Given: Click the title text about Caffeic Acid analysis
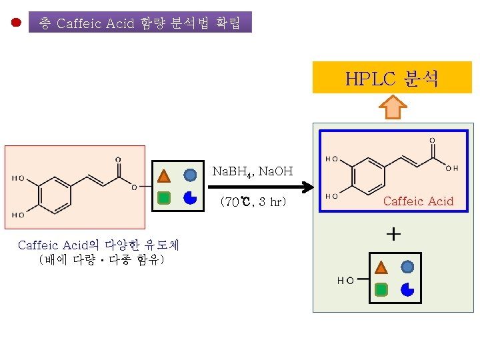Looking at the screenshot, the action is click(x=140, y=23).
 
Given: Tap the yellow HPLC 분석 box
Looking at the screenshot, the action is click(x=392, y=79).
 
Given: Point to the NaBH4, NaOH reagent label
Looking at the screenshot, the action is click(x=252, y=172).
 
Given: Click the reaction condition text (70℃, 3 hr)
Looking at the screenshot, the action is click(x=253, y=201).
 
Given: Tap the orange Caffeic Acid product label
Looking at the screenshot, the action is click(x=418, y=201).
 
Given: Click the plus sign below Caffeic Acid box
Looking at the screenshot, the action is click(x=394, y=234).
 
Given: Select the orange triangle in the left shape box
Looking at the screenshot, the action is click(x=164, y=176).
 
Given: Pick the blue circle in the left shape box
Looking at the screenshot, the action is click(x=190, y=175).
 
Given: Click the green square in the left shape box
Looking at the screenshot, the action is click(x=164, y=197).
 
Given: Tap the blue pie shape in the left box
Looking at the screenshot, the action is click(x=190, y=197).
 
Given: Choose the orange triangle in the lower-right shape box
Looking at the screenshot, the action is click(x=381, y=268).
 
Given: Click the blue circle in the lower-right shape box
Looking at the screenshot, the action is click(x=407, y=267).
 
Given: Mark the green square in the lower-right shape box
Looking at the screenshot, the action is click(x=381, y=289).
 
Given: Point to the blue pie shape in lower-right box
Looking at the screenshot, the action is click(x=407, y=289).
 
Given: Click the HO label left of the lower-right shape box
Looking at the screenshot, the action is click(x=345, y=281).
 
